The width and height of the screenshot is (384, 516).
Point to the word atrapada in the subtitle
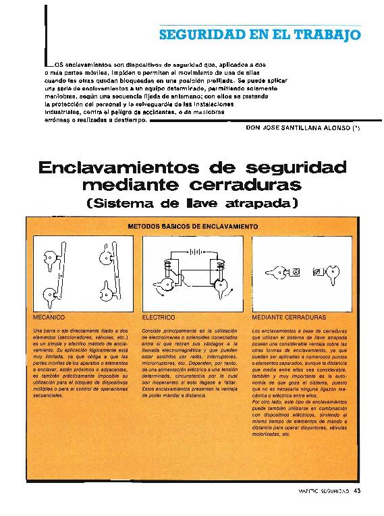pyautogui.click(x=254, y=202)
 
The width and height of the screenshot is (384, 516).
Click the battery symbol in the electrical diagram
pyautogui.click(x=195, y=256)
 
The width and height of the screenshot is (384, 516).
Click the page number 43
pyautogui.click(x=357, y=490)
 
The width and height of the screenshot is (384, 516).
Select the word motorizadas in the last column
pyautogui.click(x=269, y=435)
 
